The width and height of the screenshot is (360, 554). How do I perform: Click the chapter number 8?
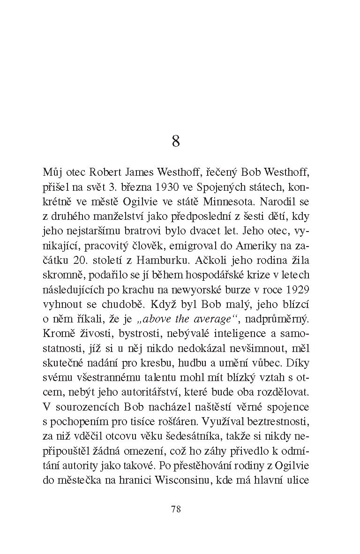click(x=176, y=141)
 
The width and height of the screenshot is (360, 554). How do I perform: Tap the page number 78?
click(x=176, y=509)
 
